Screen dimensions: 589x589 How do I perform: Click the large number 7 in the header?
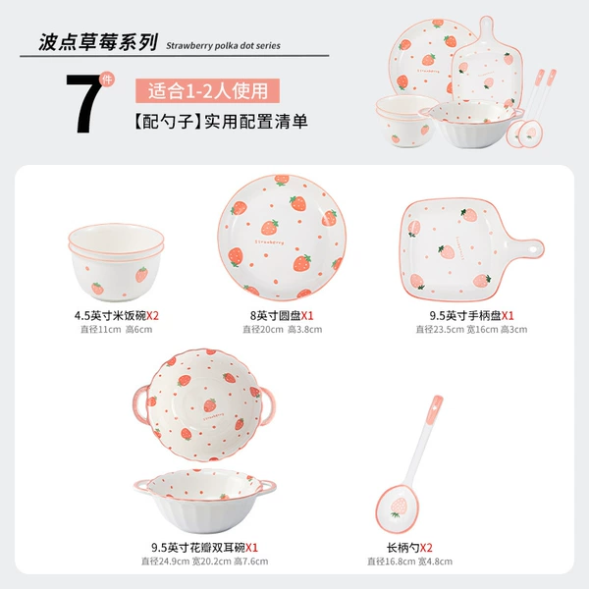(83, 102)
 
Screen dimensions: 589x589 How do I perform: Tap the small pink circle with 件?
(107, 80)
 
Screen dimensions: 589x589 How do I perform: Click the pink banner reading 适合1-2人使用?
(207, 90)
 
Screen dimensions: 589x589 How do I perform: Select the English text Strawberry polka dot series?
(223, 46)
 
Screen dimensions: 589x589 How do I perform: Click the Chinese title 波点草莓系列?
(98, 41)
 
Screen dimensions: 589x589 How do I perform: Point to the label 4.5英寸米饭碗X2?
(117, 315)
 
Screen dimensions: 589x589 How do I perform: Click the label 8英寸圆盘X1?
(282, 315)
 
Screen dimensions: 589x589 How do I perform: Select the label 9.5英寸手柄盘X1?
(471, 315)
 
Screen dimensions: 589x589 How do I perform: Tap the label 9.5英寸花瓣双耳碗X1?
(205, 548)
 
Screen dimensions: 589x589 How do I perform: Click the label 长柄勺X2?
(409, 548)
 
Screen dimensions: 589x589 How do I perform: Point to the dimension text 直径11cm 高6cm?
(117, 330)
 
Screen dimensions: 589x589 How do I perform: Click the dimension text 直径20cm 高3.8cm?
(282, 330)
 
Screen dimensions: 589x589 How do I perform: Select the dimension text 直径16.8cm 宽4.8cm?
(409, 562)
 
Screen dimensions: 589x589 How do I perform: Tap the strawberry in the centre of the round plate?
(270, 227)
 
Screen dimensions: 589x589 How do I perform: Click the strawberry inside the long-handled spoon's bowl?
(398, 508)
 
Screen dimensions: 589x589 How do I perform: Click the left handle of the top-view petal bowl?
(139, 403)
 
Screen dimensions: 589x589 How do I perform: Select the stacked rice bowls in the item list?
(116, 262)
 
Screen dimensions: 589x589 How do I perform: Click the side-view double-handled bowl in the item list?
(205, 501)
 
